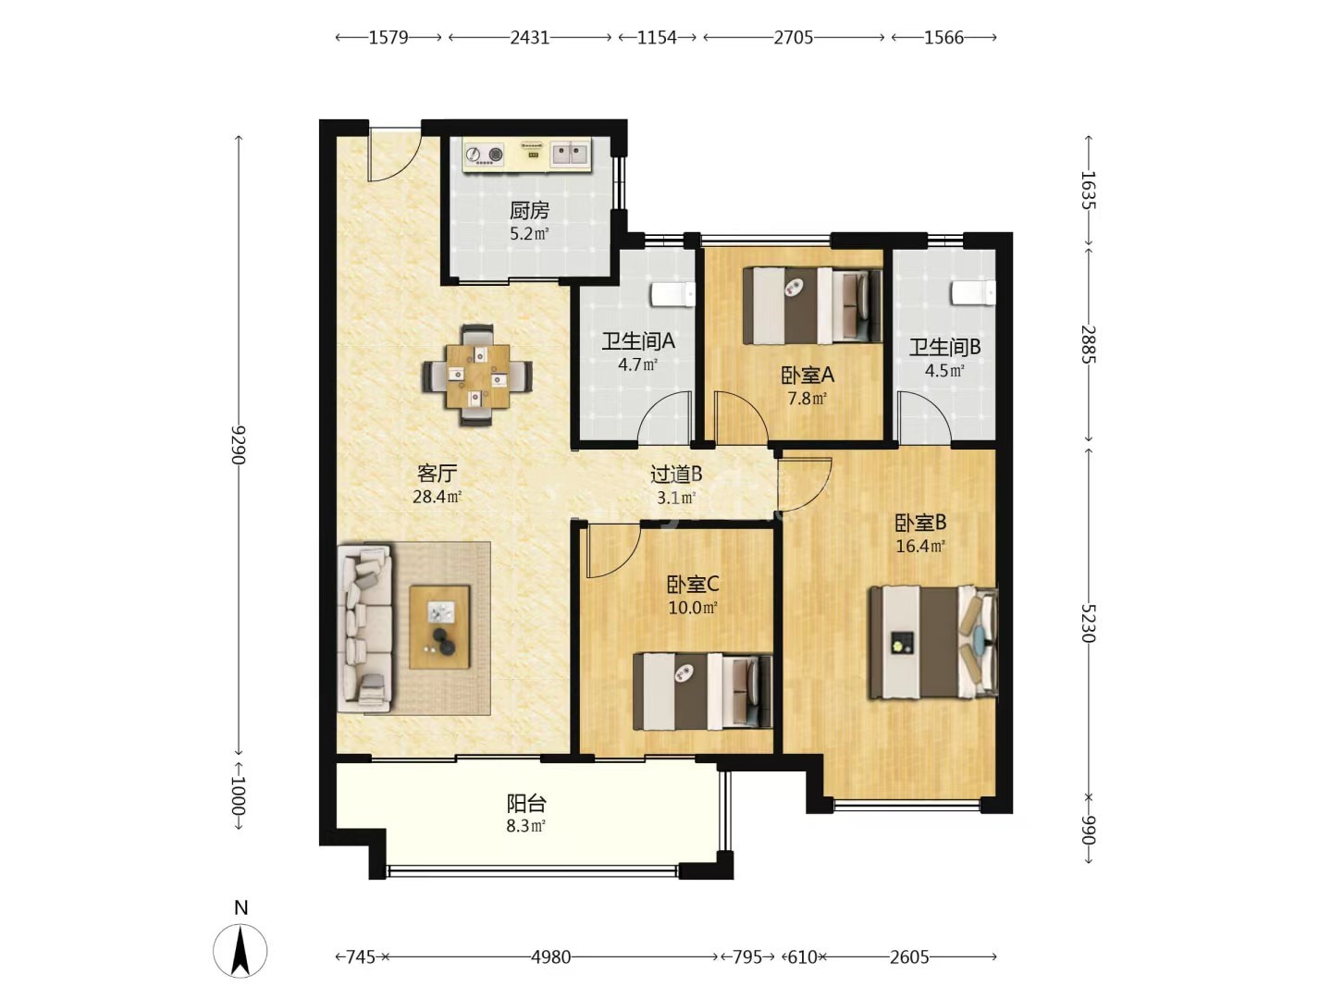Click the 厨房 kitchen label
[529, 211]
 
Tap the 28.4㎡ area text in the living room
[437, 497]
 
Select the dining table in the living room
[477, 376]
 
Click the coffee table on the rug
[439, 626]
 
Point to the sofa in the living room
[364, 628]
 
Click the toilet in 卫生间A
[673, 293]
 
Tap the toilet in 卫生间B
[974, 292]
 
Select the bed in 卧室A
[812, 305]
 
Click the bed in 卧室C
[703, 691]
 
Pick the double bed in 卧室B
[933, 642]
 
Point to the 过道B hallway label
[676, 475]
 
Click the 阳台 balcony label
[526, 804]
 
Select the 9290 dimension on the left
[239, 445]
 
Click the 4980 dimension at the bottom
[551, 957]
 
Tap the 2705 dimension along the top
[793, 38]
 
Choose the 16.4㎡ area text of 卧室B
[920, 547]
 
